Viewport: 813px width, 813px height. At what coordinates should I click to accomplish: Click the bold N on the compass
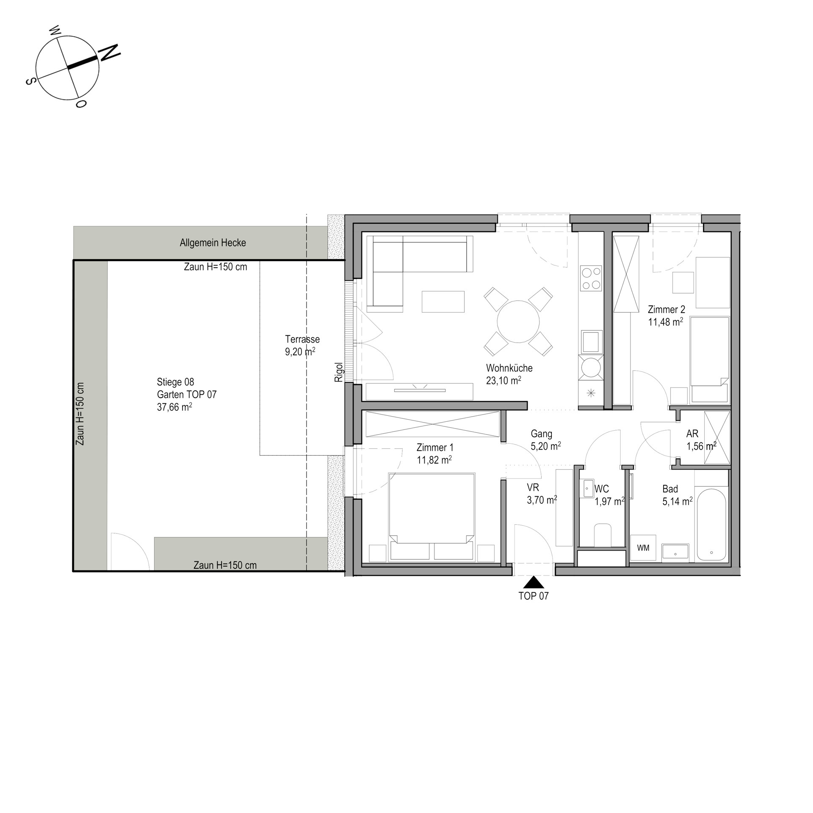pyautogui.click(x=110, y=52)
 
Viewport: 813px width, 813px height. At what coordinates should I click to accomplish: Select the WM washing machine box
pyautogui.click(x=643, y=548)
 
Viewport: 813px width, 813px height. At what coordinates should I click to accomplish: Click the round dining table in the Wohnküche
pyautogui.click(x=518, y=321)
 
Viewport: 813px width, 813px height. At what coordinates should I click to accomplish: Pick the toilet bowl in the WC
pyautogui.click(x=603, y=535)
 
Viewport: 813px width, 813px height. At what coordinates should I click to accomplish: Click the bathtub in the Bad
pyautogui.click(x=711, y=525)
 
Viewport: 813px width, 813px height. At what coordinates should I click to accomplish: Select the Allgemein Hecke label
pyautogui.click(x=213, y=243)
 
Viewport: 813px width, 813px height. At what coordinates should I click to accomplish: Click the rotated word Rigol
pyautogui.click(x=339, y=372)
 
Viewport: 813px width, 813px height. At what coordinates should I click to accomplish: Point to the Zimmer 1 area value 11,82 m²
pyautogui.click(x=434, y=460)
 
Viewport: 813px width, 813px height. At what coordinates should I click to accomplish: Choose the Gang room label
pyautogui.click(x=542, y=434)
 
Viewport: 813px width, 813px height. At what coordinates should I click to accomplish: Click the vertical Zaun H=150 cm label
pyautogui.click(x=80, y=414)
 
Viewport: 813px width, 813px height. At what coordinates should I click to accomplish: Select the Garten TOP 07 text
pyautogui.click(x=187, y=395)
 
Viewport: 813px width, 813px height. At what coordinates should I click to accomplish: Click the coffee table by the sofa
pyautogui.click(x=443, y=301)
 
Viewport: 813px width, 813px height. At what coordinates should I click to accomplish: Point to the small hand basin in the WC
pyautogui.click(x=588, y=489)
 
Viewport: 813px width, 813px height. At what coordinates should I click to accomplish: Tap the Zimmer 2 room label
pyautogui.click(x=666, y=310)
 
